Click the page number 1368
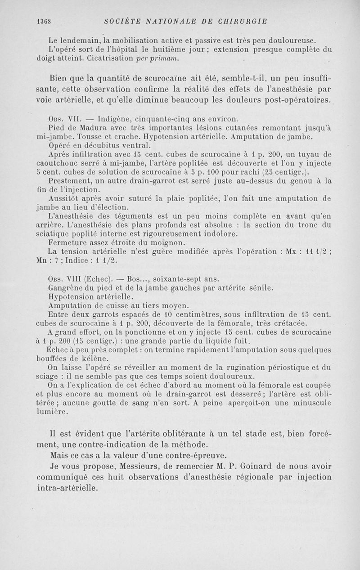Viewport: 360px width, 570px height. [44, 21]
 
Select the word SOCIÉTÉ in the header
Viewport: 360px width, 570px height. [120, 21]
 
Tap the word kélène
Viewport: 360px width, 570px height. [99, 358]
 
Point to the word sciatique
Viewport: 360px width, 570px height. [55, 234]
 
